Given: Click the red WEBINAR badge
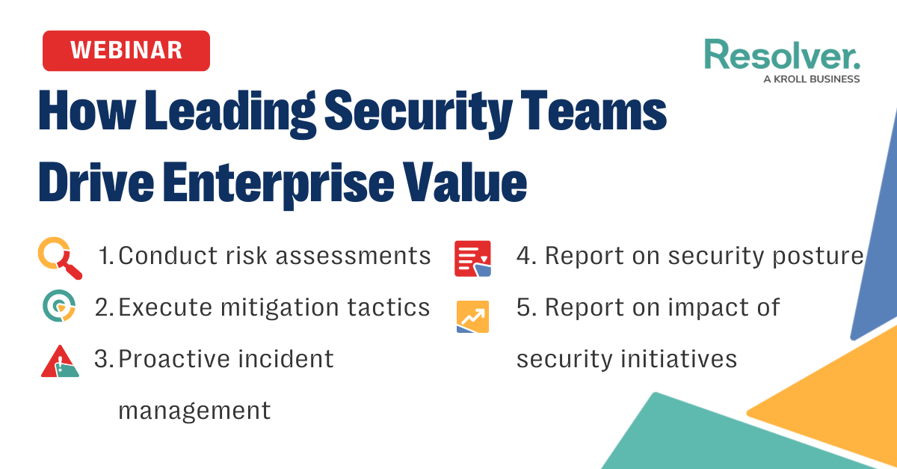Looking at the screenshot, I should tap(126, 51).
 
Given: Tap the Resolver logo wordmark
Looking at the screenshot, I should tap(782, 55).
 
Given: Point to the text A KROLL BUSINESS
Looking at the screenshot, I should tap(811, 79).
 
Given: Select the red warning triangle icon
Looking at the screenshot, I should tap(60, 361).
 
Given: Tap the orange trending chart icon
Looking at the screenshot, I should tap(472, 316).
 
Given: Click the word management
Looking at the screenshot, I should tap(194, 410).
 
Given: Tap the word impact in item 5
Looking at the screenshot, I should tap(688, 307).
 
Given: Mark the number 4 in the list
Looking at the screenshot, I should tap(524, 257).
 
